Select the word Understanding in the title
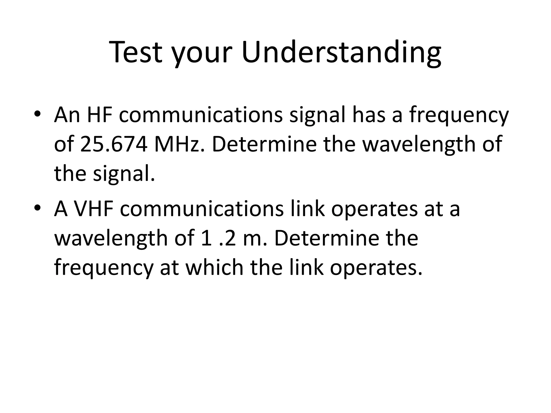click(x=341, y=53)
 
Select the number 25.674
click(x=114, y=144)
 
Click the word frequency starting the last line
click(x=104, y=269)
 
